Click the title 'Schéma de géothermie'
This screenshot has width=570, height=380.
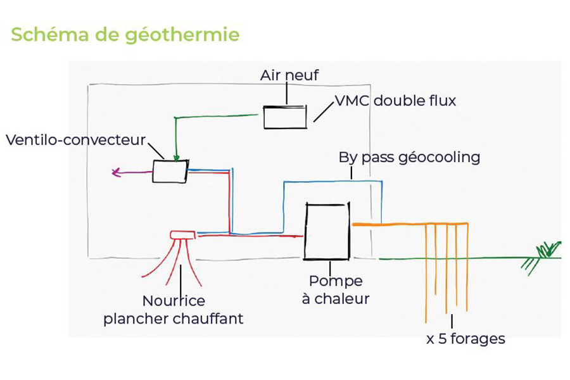coord(125,34)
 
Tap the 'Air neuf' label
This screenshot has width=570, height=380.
coord(289,75)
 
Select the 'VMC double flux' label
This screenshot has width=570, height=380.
coord(395,101)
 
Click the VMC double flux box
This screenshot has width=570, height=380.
coord(285,117)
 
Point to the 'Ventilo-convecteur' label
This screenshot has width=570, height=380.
coord(75,139)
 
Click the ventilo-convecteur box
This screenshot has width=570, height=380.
coord(170,171)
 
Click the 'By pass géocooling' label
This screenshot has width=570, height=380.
coord(409,157)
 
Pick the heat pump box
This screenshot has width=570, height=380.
coord(326,231)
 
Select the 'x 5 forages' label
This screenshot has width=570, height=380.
coord(465,339)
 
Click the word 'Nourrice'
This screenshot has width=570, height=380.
coord(174,301)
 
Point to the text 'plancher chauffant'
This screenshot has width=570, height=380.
coord(173,319)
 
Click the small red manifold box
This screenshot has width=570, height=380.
coord(183,235)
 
